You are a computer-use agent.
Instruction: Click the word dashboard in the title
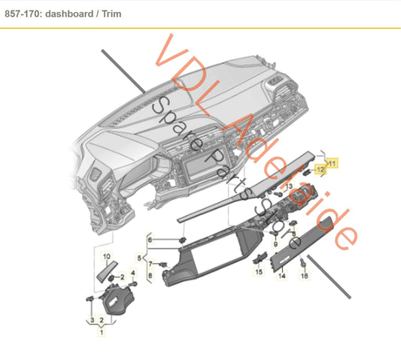(x=69, y=14)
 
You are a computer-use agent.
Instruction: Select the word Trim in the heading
(x=111, y=14)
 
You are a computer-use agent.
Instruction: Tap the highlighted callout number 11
(x=332, y=163)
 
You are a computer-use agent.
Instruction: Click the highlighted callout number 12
(x=320, y=169)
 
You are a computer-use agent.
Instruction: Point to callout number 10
(x=107, y=256)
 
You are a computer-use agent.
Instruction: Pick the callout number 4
(x=133, y=273)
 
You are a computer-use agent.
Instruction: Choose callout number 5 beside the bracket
(x=139, y=258)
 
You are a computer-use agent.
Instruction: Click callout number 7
(x=150, y=264)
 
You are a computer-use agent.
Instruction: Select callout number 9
(x=275, y=244)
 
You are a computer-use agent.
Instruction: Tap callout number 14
(x=282, y=276)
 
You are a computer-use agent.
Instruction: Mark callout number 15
(x=259, y=271)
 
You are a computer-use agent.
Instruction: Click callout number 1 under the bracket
(x=102, y=332)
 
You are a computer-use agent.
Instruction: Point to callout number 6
(x=150, y=240)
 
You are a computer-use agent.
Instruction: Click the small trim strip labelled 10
(x=108, y=271)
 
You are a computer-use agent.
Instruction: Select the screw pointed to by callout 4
(x=134, y=284)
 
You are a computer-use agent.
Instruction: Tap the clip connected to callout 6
(x=183, y=240)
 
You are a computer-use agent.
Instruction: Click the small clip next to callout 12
(x=306, y=171)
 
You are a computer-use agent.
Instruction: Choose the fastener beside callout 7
(x=163, y=265)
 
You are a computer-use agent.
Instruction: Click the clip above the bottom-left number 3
(x=90, y=298)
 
